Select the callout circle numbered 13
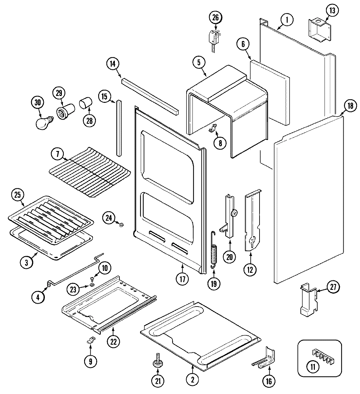[x=332, y=11]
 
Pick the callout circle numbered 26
[x=215, y=17]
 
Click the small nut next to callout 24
[x=121, y=225]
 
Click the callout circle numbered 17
[x=182, y=279]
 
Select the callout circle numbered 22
[x=113, y=341]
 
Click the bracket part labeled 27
[x=308, y=300]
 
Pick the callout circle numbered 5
[x=199, y=62]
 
